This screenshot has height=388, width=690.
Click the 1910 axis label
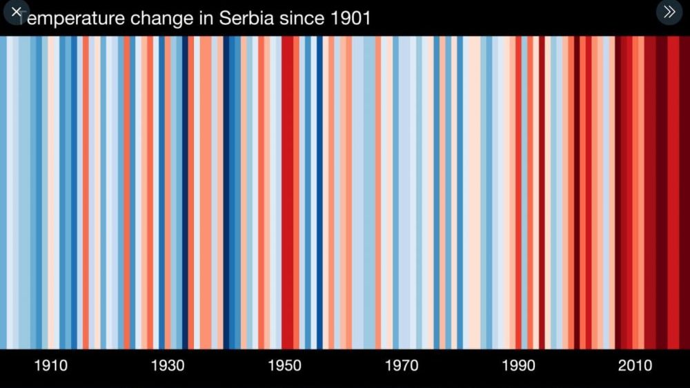click(x=51, y=365)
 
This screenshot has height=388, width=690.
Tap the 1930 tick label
click(x=168, y=365)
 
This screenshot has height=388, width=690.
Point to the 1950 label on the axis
click(x=284, y=365)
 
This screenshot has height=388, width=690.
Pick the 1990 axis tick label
click(x=518, y=365)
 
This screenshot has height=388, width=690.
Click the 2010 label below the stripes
click(x=635, y=365)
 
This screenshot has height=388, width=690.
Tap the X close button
click(x=16, y=12)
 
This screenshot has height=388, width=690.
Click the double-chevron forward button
click(x=669, y=12)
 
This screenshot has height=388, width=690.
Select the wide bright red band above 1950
click(x=287, y=193)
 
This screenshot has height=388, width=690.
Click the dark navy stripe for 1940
click(x=226, y=193)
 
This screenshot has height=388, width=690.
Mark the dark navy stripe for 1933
click(x=185, y=193)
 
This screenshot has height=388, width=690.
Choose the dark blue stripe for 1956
click(x=319, y=193)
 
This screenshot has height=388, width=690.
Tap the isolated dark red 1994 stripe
click(x=542, y=193)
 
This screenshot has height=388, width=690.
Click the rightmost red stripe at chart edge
click(x=685, y=193)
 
